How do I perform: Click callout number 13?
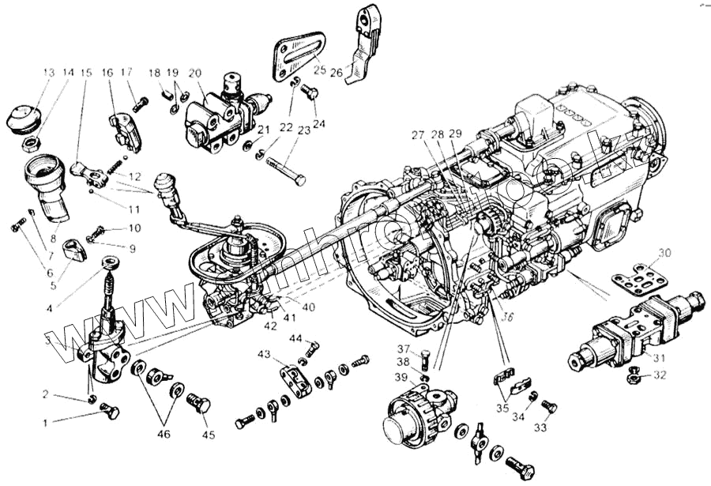[x=49, y=73]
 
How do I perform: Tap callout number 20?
[x=194, y=73]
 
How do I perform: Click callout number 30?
[x=664, y=253]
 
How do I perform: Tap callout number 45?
[x=209, y=434]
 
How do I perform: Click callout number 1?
[x=46, y=423]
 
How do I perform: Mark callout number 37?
[x=403, y=350]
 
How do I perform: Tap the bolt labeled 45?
[x=200, y=404]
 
